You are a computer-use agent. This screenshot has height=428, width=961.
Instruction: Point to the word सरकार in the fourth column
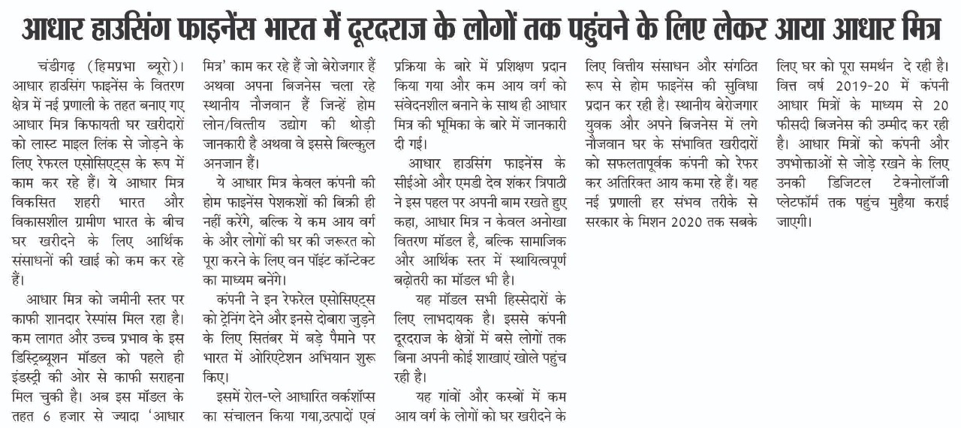tap(604, 222)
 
